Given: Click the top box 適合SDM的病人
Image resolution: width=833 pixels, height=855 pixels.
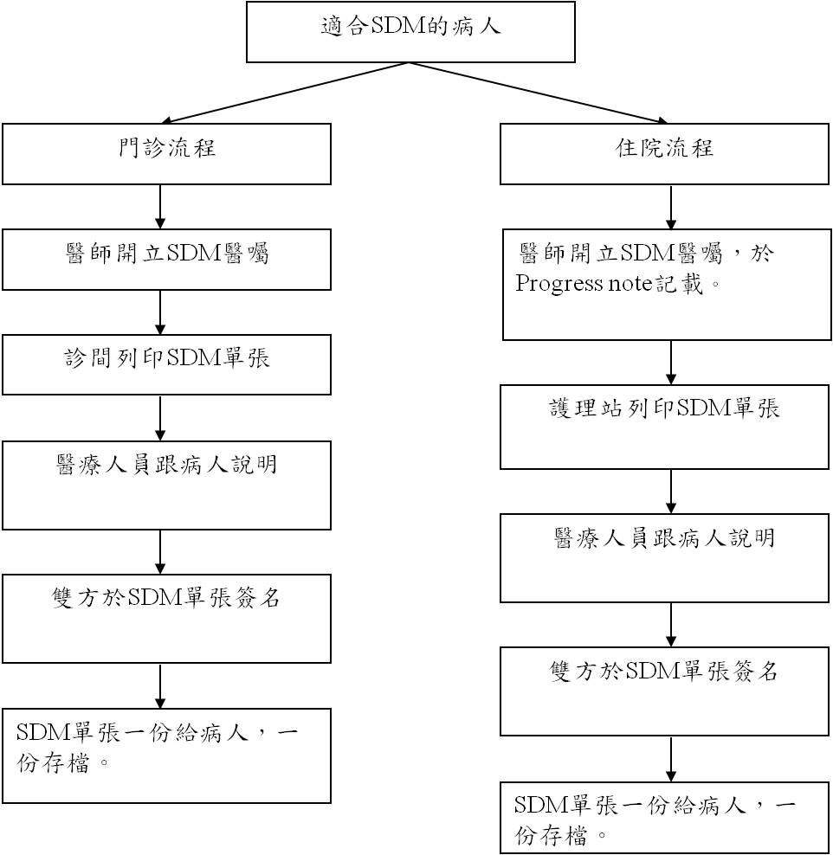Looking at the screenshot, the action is click(x=410, y=32).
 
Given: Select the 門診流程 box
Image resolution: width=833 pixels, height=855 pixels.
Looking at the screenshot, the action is click(x=166, y=154).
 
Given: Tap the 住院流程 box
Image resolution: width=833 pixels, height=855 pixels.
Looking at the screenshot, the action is click(x=664, y=154).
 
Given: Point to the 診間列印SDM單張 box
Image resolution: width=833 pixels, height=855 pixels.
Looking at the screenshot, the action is click(x=166, y=365).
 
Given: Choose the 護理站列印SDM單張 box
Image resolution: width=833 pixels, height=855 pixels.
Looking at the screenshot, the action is click(x=664, y=427).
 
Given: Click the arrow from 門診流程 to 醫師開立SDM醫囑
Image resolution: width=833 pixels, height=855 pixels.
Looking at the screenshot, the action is click(x=160, y=207).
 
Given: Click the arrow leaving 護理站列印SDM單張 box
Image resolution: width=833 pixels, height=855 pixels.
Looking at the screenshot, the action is click(x=671, y=492).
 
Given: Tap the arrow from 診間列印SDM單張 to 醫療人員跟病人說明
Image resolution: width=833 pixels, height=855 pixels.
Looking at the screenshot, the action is click(x=160, y=418).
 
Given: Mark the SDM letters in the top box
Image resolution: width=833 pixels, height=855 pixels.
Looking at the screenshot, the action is click(x=397, y=26).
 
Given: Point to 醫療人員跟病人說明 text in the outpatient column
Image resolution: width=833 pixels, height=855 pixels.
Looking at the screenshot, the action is click(x=166, y=465).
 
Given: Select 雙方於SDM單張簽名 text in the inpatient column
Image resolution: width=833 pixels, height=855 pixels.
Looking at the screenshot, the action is click(x=663, y=671).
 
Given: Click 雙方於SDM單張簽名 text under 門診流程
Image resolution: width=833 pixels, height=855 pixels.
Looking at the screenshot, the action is click(x=166, y=598).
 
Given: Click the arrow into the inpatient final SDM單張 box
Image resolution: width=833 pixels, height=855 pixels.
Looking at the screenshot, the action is click(x=671, y=759).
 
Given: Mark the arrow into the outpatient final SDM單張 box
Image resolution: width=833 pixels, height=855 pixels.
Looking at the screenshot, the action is click(x=160, y=686).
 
